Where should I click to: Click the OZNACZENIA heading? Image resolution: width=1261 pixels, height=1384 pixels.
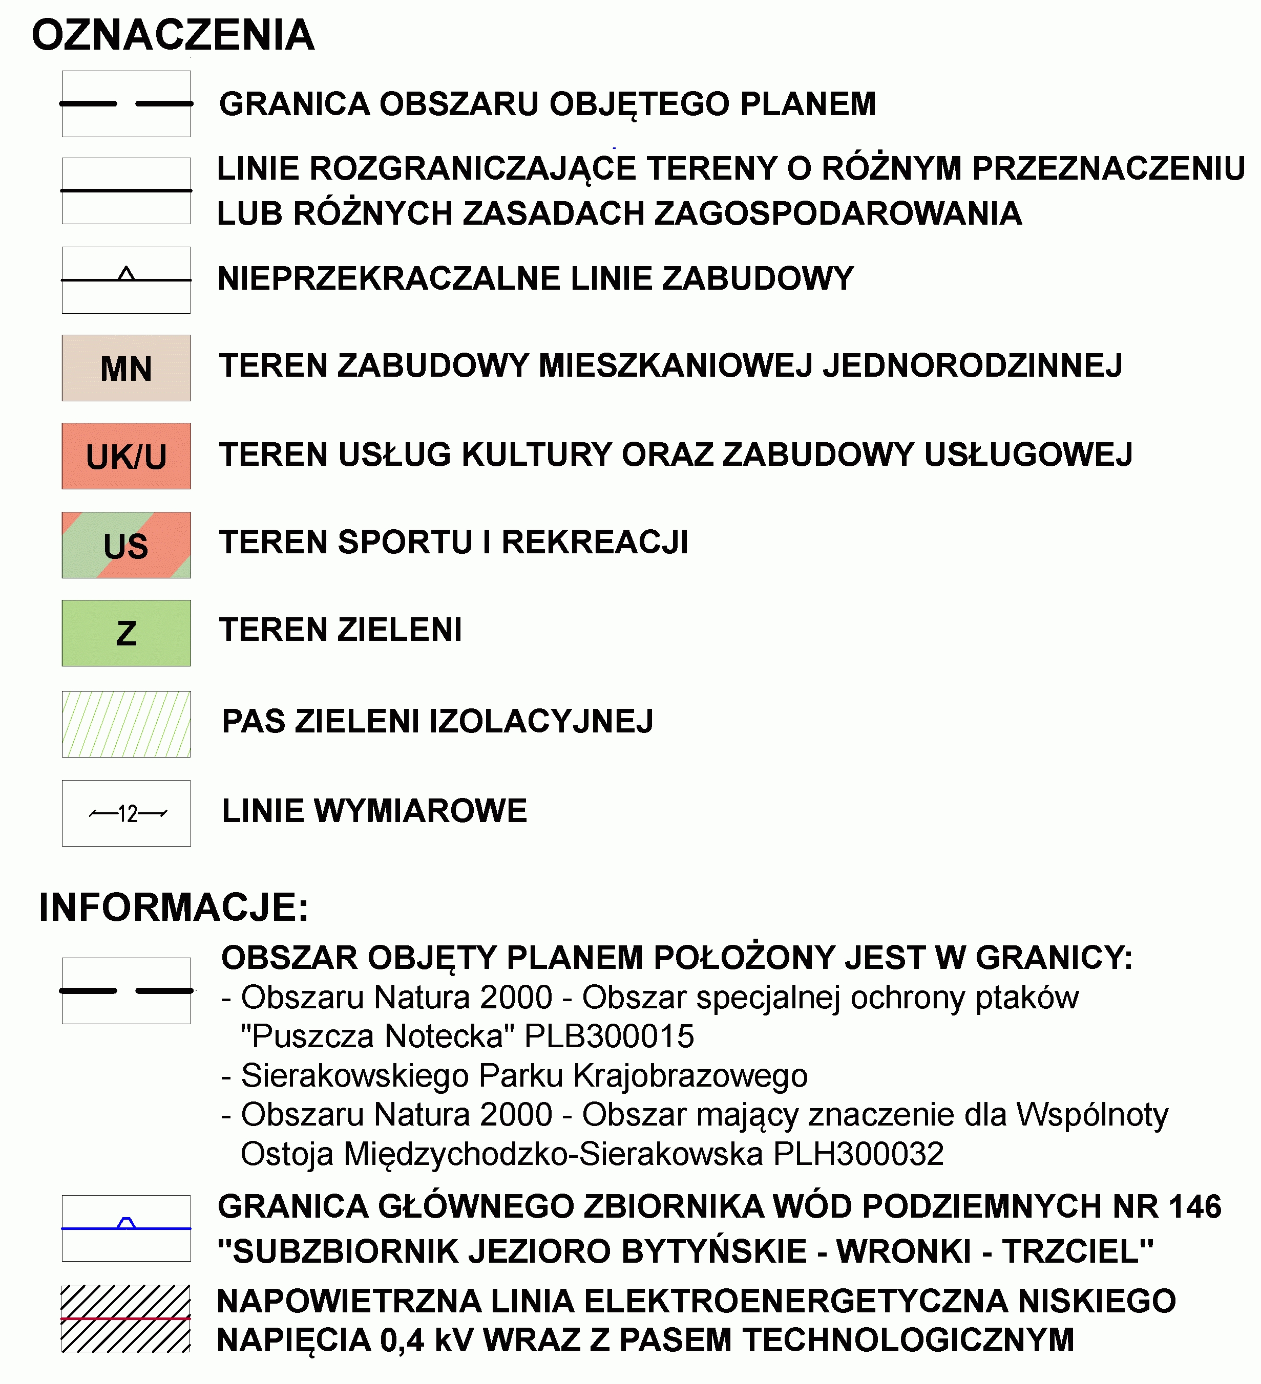pyautogui.click(x=173, y=36)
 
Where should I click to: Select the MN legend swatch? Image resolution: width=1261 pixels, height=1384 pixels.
pyautogui.click(x=127, y=368)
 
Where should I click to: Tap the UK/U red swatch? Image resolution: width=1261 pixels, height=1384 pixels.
pyautogui.click(x=127, y=456)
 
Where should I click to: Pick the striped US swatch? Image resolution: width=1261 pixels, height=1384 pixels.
pyautogui.click(x=127, y=545)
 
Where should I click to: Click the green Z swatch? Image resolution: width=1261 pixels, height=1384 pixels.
pyautogui.click(x=127, y=633)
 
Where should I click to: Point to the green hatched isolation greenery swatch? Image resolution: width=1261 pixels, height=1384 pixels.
pyautogui.click(x=127, y=724)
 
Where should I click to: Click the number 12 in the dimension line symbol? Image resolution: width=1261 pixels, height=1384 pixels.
pyautogui.click(x=128, y=813)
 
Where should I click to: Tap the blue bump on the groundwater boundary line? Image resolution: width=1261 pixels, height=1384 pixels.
pyautogui.click(x=127, y=1223)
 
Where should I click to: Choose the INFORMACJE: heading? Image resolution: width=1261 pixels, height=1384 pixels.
pyautogui.click(x=174, y=907)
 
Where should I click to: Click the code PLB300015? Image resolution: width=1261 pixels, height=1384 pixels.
pyautogui.click(x=609, y=1036)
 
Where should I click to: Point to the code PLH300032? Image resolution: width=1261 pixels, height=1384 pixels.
pyautogui.click(x=858, y=1154)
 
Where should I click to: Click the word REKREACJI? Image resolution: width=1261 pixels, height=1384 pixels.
pyautogui.click(x=595, y=543)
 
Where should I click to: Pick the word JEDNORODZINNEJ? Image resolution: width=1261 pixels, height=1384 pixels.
pyautogui.click(x=973, y=366)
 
